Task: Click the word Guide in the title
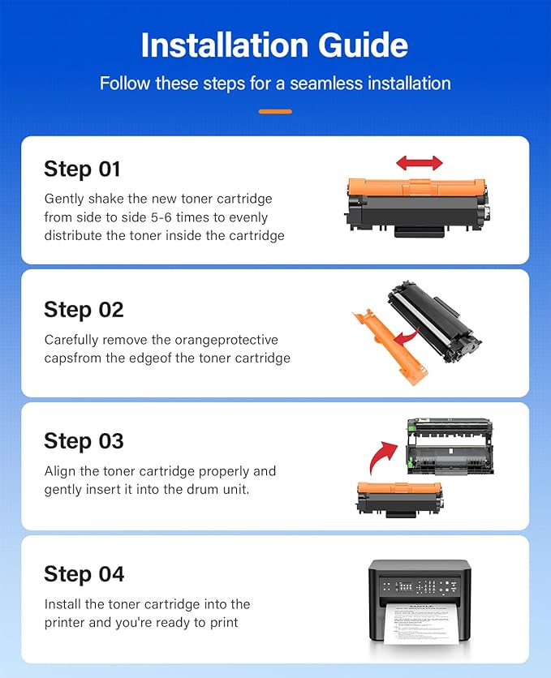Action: [363, 45]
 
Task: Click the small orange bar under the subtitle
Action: [276, 112]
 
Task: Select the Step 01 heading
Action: [82, 169]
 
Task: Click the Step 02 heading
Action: [84, 310]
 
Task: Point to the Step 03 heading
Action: [84, 441]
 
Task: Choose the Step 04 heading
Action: [84, 575]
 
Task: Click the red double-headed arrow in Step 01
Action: [420, 163]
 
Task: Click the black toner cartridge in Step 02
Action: [434, 321]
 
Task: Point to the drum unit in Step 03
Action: [450, 446]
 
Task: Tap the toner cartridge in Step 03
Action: [399, 500]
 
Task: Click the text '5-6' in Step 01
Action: [161, 217]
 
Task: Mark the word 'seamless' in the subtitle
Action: [326, 84]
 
